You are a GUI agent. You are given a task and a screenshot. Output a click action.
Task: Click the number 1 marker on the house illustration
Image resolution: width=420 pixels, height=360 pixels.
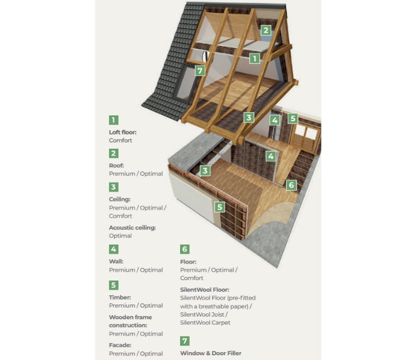255,59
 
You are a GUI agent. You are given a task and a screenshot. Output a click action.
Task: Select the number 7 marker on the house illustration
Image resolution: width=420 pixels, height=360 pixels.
200,71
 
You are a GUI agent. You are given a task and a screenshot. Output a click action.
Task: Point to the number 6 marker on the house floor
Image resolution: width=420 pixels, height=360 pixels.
291,185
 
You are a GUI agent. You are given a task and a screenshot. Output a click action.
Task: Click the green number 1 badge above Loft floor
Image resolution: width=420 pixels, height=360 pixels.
114,120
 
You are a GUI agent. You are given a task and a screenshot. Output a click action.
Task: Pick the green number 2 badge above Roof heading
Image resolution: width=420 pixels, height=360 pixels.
114,153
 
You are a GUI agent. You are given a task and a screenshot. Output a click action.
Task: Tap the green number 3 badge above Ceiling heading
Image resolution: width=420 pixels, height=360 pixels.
114,187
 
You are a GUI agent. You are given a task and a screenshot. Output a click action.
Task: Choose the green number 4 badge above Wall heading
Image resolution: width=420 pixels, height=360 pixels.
114,249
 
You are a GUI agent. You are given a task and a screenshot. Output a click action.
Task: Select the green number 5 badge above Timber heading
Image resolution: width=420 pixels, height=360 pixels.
114,285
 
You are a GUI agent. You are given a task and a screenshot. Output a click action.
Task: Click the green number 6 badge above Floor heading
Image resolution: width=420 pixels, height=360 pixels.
185,249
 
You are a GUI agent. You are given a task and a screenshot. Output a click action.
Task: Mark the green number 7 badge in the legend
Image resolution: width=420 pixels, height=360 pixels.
185,341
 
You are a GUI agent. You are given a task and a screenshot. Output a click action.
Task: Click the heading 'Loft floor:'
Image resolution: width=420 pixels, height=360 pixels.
123,132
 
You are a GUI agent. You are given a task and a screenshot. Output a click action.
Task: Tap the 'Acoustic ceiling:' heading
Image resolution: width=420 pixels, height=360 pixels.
132,227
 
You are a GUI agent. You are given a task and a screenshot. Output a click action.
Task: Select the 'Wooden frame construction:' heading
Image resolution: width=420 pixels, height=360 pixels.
130,321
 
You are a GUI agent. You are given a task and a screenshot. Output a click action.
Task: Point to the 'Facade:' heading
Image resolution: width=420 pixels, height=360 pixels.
121,345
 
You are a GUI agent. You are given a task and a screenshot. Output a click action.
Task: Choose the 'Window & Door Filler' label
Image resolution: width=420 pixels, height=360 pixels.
211,353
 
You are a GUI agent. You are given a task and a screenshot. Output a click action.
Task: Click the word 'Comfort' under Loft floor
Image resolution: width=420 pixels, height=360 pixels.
121,140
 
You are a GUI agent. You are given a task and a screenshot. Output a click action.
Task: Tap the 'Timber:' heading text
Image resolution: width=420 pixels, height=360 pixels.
120,297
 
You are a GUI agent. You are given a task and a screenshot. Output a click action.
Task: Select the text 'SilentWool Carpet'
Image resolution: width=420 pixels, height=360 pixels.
205,323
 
